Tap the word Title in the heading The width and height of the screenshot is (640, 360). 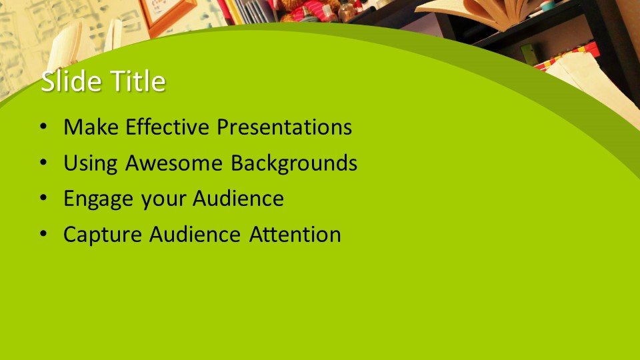139,81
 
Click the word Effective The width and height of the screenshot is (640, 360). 167,127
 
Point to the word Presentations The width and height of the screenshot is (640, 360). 285,127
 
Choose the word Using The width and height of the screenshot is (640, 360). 91,163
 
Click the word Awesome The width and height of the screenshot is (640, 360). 174,163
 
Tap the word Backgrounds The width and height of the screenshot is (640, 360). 294,162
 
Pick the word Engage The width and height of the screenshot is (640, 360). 99,199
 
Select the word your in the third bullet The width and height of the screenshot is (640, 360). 163,200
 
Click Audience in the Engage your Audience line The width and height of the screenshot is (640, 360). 239,199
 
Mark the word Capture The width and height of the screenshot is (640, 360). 103,235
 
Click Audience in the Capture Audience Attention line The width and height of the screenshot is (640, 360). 195,234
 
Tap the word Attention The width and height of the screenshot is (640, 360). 295,234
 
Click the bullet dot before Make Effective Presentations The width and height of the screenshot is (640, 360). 44,127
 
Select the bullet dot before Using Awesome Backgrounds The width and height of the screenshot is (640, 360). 44,163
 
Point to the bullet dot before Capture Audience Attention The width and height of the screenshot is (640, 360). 44,235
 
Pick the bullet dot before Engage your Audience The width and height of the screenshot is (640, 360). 44,199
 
